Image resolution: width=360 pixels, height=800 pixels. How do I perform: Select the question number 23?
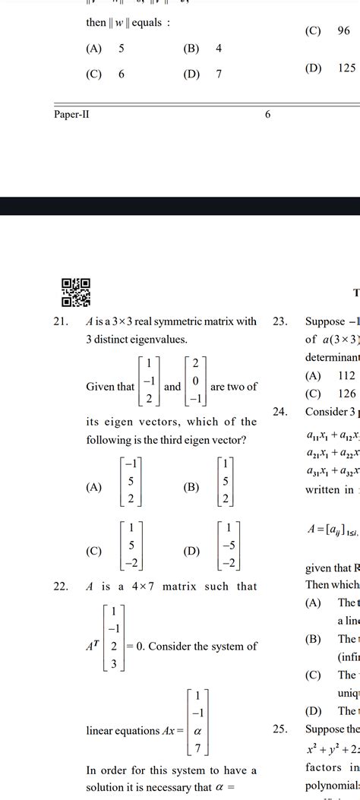pyautogui.click(x=280, y=321)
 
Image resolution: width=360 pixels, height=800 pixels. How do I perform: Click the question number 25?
pyautogui.click(x=280, y=729)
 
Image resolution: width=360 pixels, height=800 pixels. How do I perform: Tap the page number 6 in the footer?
pyautogui.click(x=268, y=114)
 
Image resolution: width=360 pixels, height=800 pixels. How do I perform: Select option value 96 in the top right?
pyautogui.click(x=343, y=31)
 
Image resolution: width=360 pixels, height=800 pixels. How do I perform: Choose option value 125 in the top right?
pyautogui.click(x=346, y=68)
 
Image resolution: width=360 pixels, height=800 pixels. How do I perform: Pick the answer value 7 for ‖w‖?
pyautogui.click(x=219, y=74)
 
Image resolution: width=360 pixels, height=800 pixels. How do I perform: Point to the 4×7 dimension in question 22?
pyautogui.click(x=141, y=586)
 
